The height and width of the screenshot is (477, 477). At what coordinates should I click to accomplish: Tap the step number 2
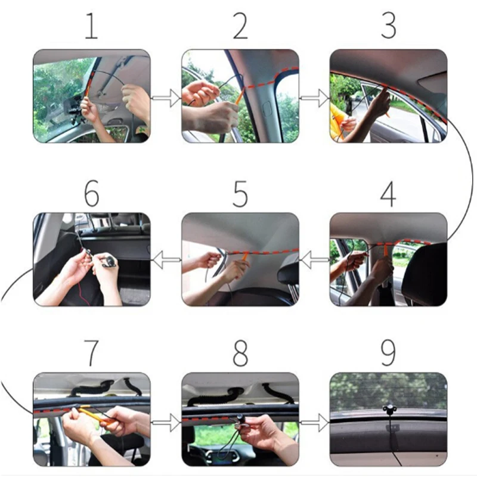tap(240, 26)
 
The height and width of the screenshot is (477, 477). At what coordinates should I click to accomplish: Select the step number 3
tap(389, 26)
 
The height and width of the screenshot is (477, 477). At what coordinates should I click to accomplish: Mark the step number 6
tap(92, 194)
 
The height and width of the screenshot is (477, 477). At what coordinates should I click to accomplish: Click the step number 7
tap(92, 353)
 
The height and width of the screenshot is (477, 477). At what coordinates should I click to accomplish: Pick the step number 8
tap(240, 353)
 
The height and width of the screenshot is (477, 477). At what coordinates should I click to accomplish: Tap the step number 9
tap(389, 353)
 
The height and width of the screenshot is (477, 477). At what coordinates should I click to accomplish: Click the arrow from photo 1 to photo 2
tap(166, 98)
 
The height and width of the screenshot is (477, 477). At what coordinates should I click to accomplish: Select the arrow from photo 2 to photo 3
tap(315, 98)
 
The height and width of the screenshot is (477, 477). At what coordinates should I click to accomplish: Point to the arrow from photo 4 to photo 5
tap(315, 259)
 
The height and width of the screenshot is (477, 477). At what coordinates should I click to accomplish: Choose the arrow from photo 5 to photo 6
tap(166, 259)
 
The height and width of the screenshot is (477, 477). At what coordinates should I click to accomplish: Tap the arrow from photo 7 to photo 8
tap(166, 423)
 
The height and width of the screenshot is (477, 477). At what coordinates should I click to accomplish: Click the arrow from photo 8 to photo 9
tap(315, 423)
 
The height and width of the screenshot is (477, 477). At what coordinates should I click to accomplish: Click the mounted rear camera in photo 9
tap(389, 409)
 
